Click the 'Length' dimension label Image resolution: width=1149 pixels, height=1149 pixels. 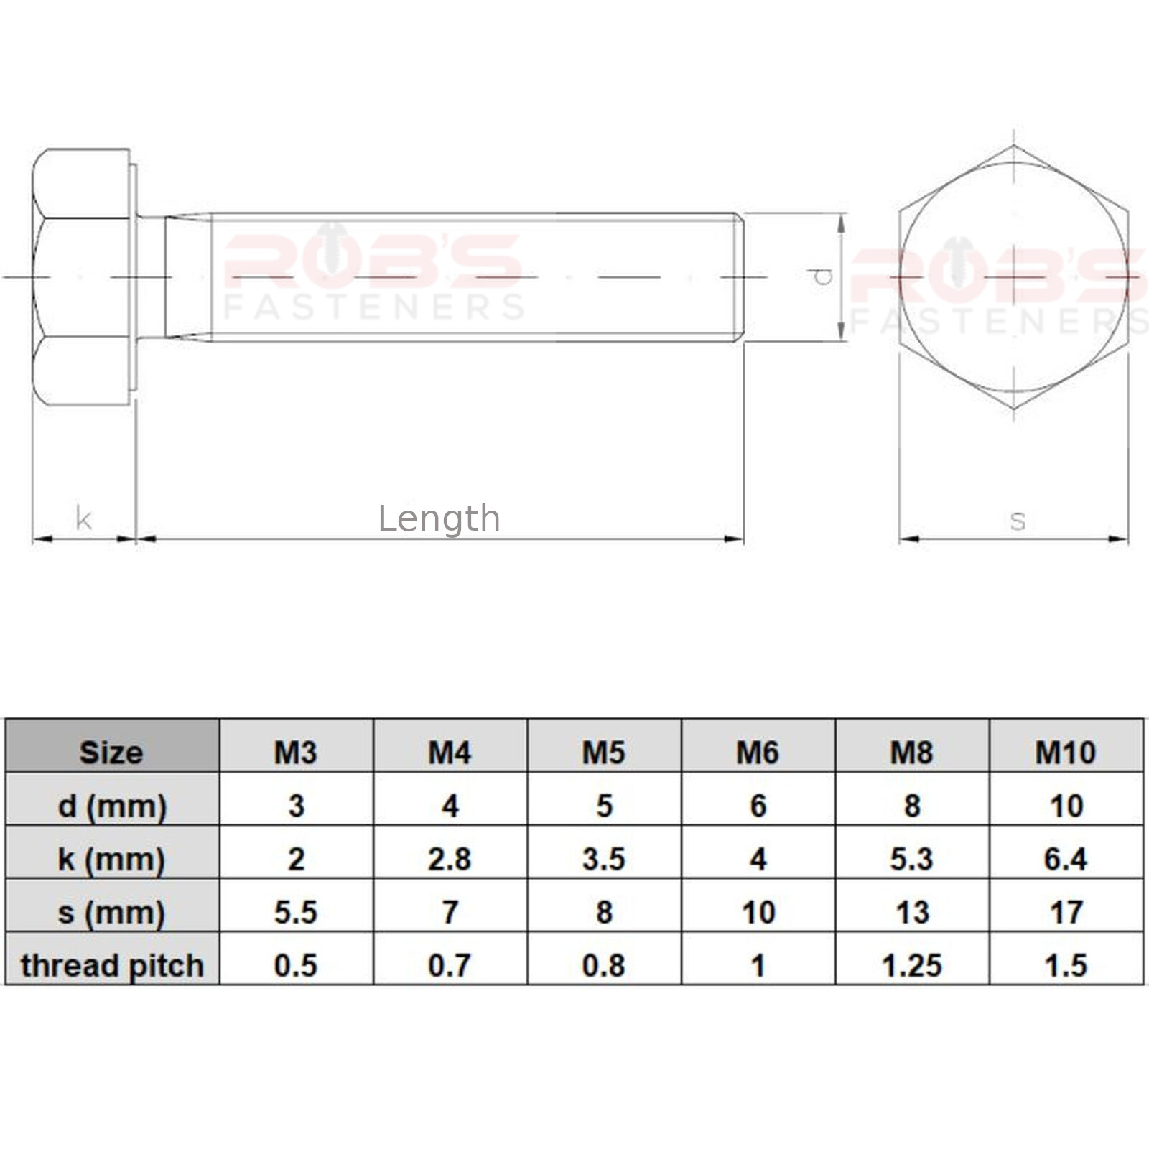439,518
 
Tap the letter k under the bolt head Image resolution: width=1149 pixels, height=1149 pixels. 83,518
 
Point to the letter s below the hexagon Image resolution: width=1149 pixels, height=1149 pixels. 1017,520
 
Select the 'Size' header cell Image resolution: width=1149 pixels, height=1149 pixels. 111,753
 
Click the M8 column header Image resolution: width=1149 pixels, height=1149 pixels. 911,753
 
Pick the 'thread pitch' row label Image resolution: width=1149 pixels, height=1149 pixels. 112,965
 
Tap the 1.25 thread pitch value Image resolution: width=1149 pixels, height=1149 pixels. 911,965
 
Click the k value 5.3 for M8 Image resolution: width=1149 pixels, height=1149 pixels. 911,859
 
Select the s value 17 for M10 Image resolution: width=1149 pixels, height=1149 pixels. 1066,912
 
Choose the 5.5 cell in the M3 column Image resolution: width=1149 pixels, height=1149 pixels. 295,912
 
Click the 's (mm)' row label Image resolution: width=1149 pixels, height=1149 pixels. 111,912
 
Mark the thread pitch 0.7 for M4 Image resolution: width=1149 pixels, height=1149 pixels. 450,965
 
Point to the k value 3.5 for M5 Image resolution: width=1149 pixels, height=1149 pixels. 603,859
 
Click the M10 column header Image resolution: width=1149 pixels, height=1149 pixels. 1066,753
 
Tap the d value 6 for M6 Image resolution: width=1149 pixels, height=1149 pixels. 758,806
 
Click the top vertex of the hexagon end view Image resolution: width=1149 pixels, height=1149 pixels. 1013,146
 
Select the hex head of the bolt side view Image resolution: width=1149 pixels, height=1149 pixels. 80,277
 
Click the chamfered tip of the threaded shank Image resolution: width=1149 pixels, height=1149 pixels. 739,277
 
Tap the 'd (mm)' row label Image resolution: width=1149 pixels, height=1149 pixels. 111,806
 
